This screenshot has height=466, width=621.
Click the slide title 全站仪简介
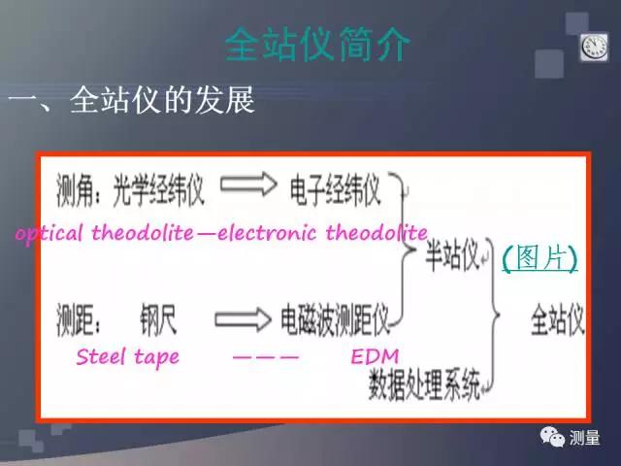(x=317, y=45)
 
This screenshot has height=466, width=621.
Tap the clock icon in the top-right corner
(x=593, y=47)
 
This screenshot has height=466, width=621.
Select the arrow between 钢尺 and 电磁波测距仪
(x=242, y=317)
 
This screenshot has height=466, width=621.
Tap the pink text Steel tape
(x=127, y=356)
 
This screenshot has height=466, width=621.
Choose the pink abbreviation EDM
(x=375, y=356)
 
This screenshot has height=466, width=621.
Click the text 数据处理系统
(x=424, y=388)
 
